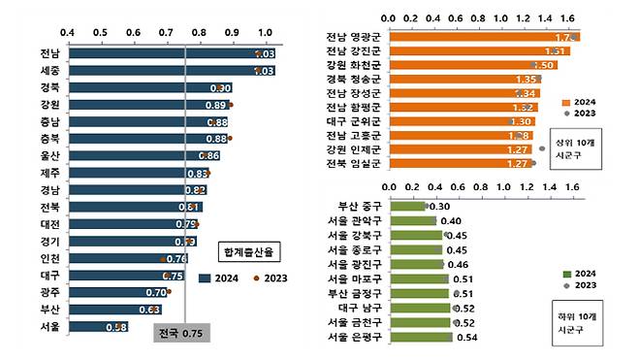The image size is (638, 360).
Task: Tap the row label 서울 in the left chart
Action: click(x=48, y=326)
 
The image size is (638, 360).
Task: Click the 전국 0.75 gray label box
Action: click(x=181, y=332)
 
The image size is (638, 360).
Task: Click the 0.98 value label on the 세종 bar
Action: click(x=263, y=71)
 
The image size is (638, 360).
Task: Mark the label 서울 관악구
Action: click(x=356, y=221)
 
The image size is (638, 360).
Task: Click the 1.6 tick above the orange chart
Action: click(x=571, y=16)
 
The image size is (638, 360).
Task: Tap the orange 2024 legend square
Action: click(x=566, y=100)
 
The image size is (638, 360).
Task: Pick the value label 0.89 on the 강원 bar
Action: click(x=215, y=105)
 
